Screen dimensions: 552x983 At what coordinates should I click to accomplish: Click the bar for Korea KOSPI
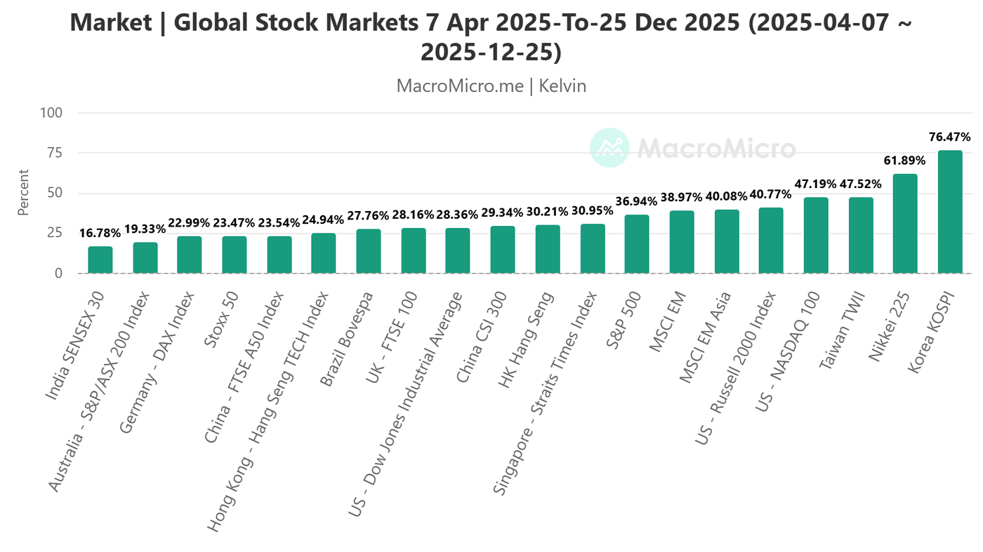coord(950,212)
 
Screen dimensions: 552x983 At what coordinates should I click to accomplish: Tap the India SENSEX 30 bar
coord(100,260)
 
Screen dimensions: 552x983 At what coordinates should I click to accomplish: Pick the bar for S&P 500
coord(637,244)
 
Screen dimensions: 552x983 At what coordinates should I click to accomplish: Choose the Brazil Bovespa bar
coord(369,251)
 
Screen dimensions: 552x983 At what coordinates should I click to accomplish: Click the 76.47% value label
coord(950,137)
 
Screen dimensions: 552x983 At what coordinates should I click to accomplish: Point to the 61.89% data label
coord(904,161)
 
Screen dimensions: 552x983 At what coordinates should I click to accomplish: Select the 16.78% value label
coord(99,233)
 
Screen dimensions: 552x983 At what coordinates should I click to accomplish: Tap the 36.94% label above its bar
coord(636,201)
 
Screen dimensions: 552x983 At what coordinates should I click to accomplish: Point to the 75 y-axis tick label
coord(55,153)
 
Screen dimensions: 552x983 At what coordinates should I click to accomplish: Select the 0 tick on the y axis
coord(59,274)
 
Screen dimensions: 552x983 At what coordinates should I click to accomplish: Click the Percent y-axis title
coord(24,193)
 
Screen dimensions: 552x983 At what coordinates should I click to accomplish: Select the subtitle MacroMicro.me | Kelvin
coord(491,86)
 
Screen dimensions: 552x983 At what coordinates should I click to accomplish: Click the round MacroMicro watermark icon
coord(609,148)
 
